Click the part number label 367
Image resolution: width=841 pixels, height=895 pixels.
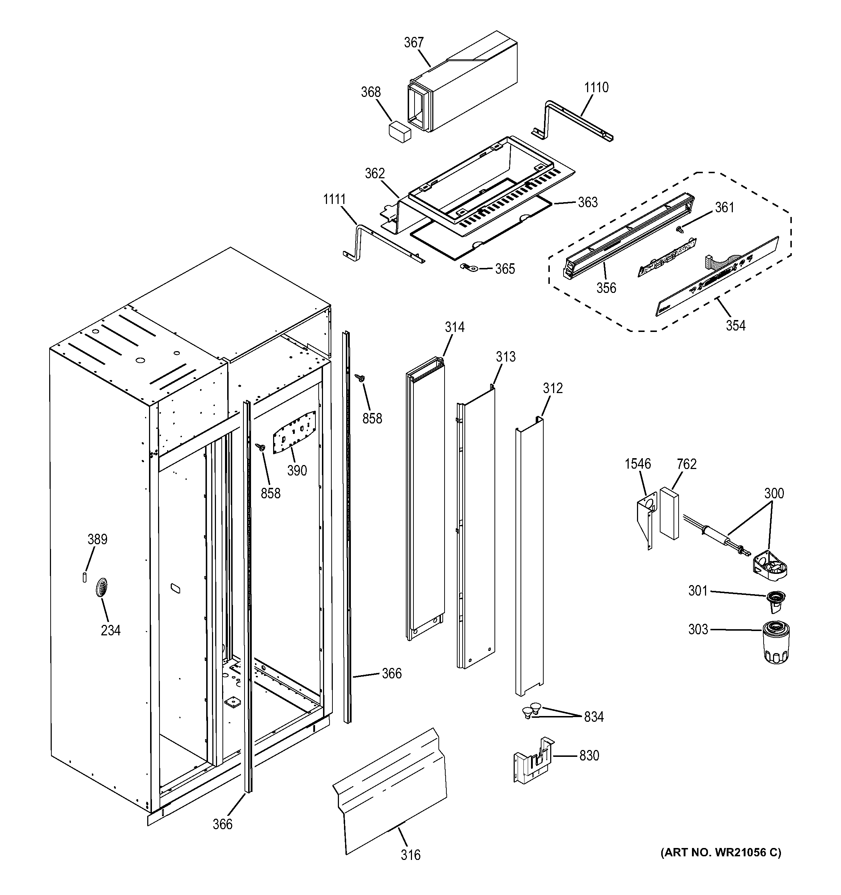click(x=413, y=42)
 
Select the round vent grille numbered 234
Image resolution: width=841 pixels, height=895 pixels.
click(x=102, y=587)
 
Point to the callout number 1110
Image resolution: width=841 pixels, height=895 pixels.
click(x=596, y=88)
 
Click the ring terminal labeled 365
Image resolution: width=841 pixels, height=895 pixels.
click(x=465, y=268)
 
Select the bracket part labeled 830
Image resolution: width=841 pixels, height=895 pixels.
click(x=534, y=761)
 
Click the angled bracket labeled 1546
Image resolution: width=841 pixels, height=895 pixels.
click(x=645, y=520)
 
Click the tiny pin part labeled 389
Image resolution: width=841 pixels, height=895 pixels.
click(x=85, y=578)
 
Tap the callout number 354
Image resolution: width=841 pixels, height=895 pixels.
click(x=735, y=325)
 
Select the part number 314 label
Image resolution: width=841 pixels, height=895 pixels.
click(x=454, y=327)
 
